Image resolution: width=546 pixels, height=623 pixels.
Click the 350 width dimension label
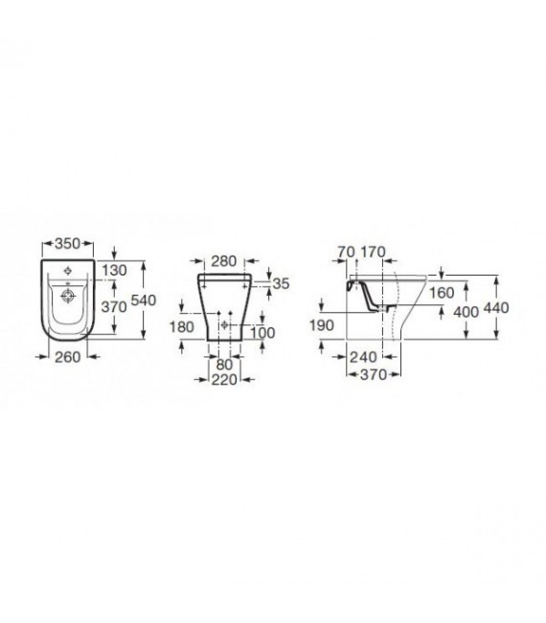pyautogui.click(x=68, y=244)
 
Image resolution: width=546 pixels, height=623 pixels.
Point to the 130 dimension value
pyautogui.click(x=115, y=270)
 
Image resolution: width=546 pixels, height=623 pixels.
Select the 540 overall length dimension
pyautogui.click(x=144, y=300)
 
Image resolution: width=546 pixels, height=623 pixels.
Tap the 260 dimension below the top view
pyautogui.click(x=68, y=357)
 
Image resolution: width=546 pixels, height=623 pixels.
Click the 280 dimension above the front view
pyautogui.click(x=223, y=261)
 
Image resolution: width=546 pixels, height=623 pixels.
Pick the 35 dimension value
pyautogui.click(x=282, y=283)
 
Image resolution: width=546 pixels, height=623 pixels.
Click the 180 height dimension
pyautogui.click(x=182, y=327)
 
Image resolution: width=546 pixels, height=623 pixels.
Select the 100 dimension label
pyautogui.click(x=262, y=333)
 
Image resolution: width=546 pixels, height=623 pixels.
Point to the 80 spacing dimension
pyautogui.click(x=225, y=365)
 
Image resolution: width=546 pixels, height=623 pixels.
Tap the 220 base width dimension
pyautogui.click(x=224, y=380)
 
